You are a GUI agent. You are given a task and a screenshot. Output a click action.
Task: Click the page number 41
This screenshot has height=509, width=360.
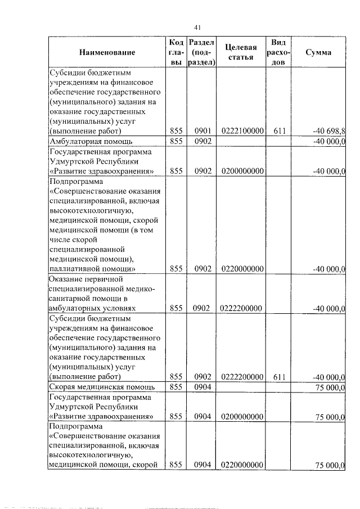[x=197, y=27]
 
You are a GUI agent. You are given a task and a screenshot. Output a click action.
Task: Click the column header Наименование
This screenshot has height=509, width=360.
[x=107, y=52]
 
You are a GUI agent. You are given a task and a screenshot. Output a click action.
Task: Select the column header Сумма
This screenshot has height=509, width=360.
[x=318, y=52]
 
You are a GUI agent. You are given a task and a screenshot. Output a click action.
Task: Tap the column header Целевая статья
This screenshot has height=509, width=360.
[x=243, y=52]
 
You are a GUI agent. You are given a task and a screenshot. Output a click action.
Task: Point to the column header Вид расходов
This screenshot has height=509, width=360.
[x=278, y=52]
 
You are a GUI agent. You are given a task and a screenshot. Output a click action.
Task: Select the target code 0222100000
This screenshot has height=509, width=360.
[x=243, y=131]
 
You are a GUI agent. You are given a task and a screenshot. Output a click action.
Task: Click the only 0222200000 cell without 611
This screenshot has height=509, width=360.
[x=243, y=308]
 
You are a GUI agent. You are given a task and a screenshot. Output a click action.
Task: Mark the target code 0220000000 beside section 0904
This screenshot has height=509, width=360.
[x=243, y=465]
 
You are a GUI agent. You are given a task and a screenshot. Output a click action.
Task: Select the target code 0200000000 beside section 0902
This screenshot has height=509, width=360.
[x=243, y=171]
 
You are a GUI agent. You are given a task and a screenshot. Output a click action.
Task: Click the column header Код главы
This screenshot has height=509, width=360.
[x=175, y=52]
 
